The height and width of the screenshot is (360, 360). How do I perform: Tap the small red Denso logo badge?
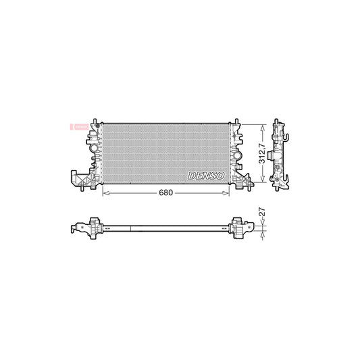click(80, 126)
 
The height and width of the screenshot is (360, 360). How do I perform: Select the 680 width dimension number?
click(167, 192)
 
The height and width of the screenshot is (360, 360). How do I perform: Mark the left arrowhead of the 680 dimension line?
click(103, 192)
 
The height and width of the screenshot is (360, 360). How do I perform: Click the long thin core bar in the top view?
click(166, 227)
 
